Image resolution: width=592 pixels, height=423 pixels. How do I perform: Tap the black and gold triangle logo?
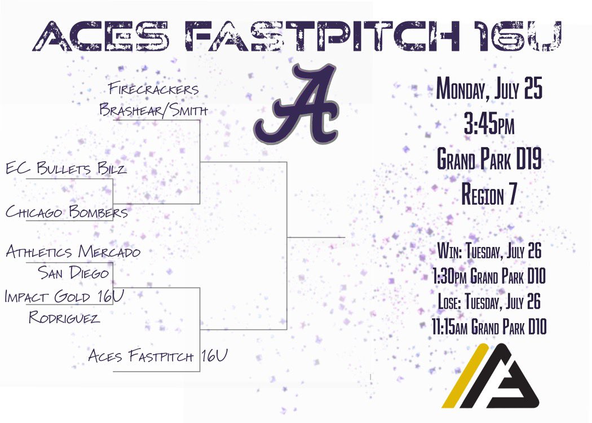click(x=490, y=376)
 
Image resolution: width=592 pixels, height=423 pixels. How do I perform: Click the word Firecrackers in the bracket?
click(x=153, y=89)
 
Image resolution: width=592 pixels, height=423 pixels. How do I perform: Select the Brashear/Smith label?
click(x=153, y=110)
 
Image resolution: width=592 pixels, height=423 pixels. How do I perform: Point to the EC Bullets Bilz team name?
click(x=66, y=168)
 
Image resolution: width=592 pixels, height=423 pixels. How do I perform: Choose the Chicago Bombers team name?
click(x=67, y=212)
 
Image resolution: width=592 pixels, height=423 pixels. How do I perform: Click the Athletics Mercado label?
click(x=73, y=252)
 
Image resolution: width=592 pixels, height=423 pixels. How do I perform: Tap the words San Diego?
click(x=73, y=273)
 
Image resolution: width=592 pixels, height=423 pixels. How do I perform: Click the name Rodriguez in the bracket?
click(x=64, y=318)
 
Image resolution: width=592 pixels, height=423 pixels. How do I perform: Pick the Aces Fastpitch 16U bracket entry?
click(x=158, y=356)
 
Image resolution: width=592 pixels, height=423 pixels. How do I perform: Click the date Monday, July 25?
click(x=489, y=90)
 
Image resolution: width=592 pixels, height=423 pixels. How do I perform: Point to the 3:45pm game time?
click(x=489, y=126)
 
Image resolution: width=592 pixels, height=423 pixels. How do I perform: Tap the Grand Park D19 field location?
click(x=489, y=161)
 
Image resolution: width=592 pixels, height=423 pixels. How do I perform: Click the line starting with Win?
click(x=489, y=252)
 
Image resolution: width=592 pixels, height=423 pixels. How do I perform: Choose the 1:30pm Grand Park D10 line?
click(x=489, y=276)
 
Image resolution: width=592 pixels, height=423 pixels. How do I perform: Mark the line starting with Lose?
click(x=489, y=302)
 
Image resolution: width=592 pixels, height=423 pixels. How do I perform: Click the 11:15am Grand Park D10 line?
click(x=489, y=327)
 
